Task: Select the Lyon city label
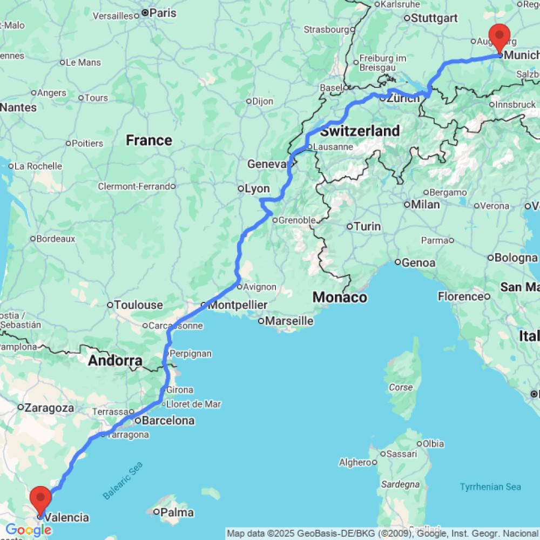pos(257,188)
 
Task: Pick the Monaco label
pos(340,297)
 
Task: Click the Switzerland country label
pos(360,131)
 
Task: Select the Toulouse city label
pos(138,305)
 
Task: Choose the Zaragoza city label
pos(49,408)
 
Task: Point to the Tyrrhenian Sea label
pos(490,487)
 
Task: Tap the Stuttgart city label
pos(434,18)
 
